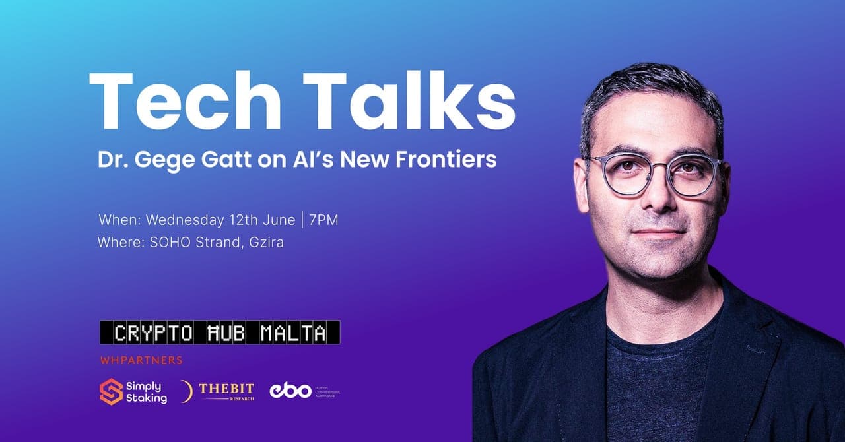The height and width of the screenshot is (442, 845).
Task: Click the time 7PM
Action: (323, 220)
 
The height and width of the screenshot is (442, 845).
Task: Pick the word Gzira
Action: (265, 242)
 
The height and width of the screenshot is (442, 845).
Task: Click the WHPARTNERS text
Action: (141, 361)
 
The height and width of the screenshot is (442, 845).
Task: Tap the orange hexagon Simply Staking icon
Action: (111, 392)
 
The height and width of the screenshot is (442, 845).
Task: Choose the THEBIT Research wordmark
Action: (226, 391)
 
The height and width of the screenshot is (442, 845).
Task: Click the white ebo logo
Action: (290, 391)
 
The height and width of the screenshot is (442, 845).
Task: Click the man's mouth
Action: (650, 232)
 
